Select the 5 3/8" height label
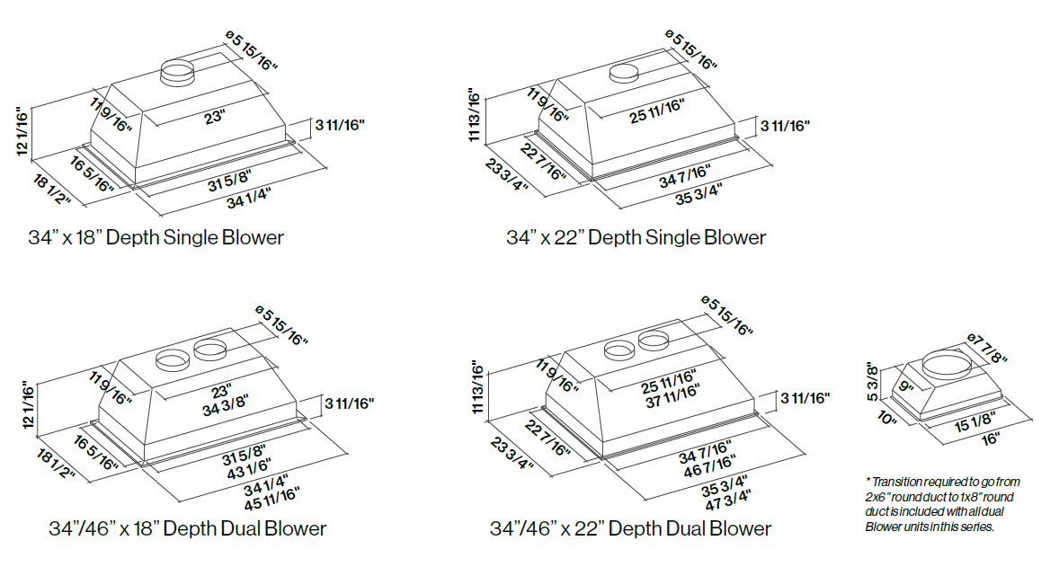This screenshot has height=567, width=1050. (x=872, y=382)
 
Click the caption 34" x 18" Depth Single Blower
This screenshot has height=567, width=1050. (x=156, y=238)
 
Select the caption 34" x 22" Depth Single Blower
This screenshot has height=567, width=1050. (x=636, y=238)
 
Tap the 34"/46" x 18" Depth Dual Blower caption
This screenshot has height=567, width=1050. (x=187, y=528)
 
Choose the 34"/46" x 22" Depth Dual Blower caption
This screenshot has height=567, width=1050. (x=630, y=528)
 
